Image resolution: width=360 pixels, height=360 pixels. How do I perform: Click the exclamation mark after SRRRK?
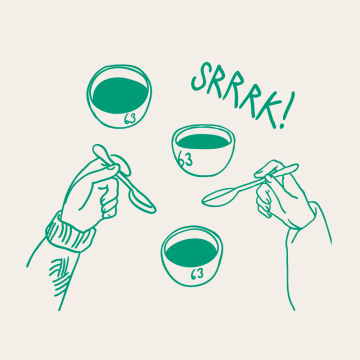click(x=285, y=110)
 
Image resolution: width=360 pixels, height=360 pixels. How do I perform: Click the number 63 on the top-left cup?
click(x=130, y=119)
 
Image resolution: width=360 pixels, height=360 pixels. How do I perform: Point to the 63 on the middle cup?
click(x=184, y=160)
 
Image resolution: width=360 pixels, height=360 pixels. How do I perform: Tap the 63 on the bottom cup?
click(x=197, y=274)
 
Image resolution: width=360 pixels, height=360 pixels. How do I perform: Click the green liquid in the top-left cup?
click(x=120, y=95)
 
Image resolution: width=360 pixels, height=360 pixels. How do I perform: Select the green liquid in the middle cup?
click(x=203, y=142)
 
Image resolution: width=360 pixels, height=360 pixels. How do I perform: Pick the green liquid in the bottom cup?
click(x=191, y=252)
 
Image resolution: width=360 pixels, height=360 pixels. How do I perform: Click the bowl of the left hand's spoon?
click(x=142, y=200)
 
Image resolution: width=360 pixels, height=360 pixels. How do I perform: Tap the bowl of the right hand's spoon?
click(x=219, y=197)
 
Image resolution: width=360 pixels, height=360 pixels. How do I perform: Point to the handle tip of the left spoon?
click(x=98, y=149)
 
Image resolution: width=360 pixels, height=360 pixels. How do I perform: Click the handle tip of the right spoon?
click(x=294, y=167)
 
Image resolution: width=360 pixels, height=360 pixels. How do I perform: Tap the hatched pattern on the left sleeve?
click(x=61, y=274)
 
